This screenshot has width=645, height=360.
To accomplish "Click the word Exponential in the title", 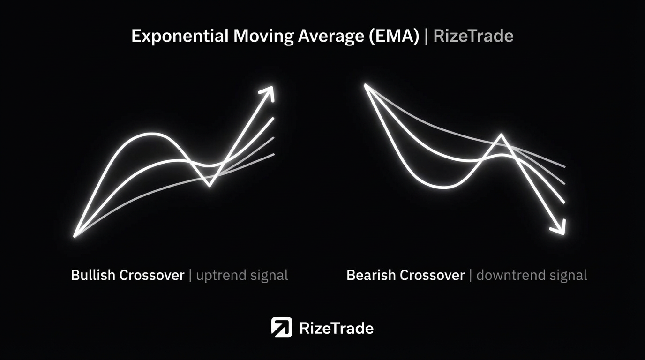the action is click(180, 37).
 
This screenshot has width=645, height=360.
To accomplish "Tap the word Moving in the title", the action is click(263, 36).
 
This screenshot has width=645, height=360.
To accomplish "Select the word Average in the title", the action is click(331, 36).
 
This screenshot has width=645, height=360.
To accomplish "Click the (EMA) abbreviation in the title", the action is click(394, 36).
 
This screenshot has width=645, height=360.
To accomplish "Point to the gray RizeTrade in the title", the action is click(473, 36).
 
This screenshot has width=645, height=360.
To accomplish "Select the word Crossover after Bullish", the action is click(152, 275).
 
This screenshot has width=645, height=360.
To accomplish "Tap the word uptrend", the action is click(221, 276).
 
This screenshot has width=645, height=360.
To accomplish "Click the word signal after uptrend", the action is click(269, 276).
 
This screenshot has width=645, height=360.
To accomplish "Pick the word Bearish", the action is click(371, 275).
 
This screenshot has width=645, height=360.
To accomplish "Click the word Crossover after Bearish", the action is click(432, 275).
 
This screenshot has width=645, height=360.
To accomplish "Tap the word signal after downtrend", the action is click(568, 276).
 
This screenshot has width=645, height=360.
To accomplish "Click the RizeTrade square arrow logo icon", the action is click(281, 327).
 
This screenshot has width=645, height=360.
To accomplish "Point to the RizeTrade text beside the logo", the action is click(336, 328).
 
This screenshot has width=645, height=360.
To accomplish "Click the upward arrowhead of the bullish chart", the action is click(268, 92).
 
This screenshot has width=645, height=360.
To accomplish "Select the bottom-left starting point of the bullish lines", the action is click(75, 236).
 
